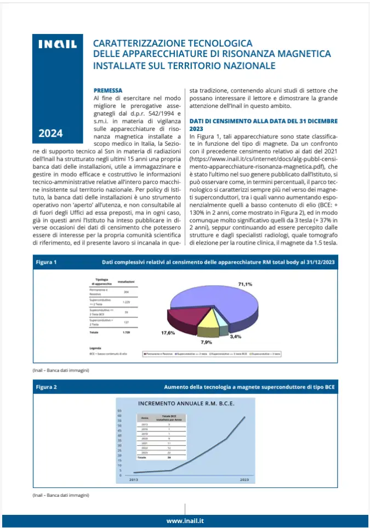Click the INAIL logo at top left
[57, 44]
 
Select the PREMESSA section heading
[108, 90]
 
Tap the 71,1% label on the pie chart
[244, 284]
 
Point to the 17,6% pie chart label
[168, 333]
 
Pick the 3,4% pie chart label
[236, 336]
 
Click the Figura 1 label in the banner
[47, 262]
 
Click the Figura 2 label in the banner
[47, 387]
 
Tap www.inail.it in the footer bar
[185, 520]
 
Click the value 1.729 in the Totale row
[126, 332]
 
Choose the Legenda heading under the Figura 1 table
[95, 348]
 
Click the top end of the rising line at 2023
[244, 417]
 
